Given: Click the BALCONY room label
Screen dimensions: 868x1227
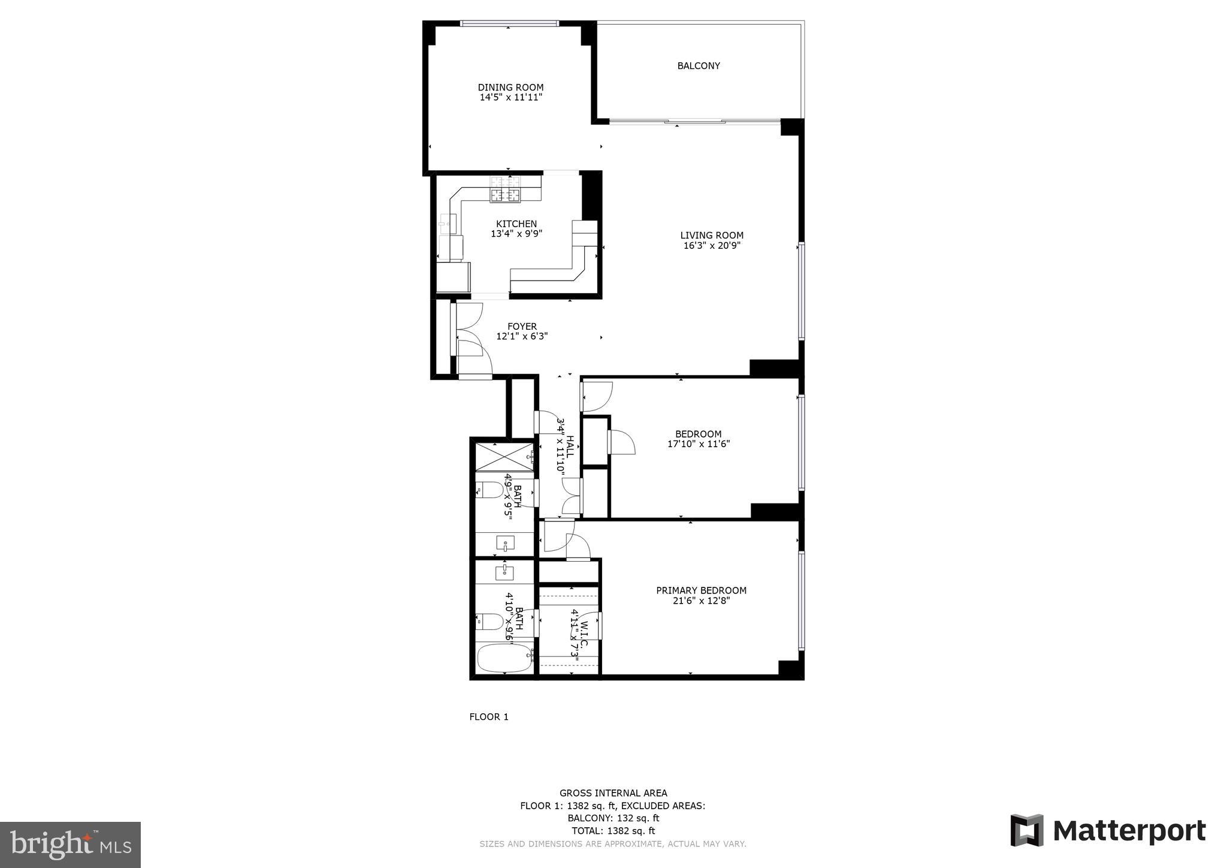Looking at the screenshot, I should click(698, 66).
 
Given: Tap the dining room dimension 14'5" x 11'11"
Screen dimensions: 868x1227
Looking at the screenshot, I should click(510, 97).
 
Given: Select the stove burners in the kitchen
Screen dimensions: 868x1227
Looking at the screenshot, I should click(505, 189).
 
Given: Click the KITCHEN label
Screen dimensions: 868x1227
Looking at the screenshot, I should click(516, 224).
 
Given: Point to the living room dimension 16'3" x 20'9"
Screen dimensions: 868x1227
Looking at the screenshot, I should click(712, 245).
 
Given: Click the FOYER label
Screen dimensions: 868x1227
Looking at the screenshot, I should click(522, 327).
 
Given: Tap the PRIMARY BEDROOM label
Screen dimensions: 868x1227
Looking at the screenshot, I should click(701, 590).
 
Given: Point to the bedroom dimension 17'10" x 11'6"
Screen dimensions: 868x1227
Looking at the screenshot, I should click(698, 444).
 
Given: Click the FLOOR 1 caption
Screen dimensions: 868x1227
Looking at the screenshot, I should click(488, 717).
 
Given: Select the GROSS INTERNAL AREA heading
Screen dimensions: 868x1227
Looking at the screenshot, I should click(613, 793).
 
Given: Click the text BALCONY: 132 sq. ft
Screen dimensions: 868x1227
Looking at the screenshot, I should click(613, 818).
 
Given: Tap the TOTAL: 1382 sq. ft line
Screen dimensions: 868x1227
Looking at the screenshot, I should click(613, 831).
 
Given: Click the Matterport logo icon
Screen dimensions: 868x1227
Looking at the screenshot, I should click(1027, 830).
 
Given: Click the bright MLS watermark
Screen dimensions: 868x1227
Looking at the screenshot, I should click(70, 845).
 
